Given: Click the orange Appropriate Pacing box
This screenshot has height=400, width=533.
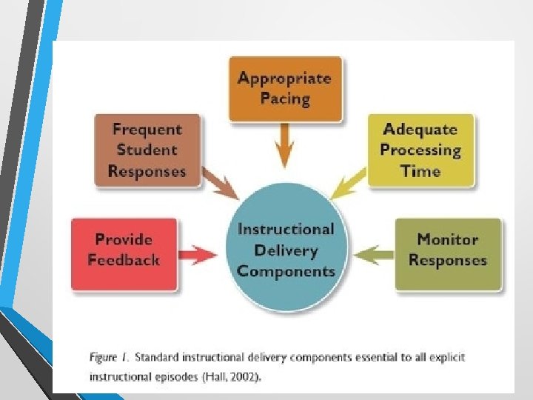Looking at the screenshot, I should [x=285, y=88].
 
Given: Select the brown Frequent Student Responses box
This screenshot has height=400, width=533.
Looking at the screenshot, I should [x=147, y=150].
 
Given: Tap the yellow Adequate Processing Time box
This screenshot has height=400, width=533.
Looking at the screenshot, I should [x=420, y=150].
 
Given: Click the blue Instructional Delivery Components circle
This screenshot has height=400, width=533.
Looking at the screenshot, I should [x=286, y=250].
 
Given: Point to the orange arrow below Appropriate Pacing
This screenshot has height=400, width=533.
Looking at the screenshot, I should [x=284, y=145].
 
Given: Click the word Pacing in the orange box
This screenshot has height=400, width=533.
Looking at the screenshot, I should [x=285, y=99].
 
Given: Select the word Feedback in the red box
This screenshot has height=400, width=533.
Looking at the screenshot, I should [x=124, y=260].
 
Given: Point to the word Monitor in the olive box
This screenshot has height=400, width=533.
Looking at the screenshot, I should [x=448, y=239].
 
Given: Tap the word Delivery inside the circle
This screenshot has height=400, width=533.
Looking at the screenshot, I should [x=286, y=250].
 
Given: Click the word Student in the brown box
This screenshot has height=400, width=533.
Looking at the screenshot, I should [x=147, y=150].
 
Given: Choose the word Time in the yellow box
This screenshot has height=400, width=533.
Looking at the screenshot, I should [x=420, y=171].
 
